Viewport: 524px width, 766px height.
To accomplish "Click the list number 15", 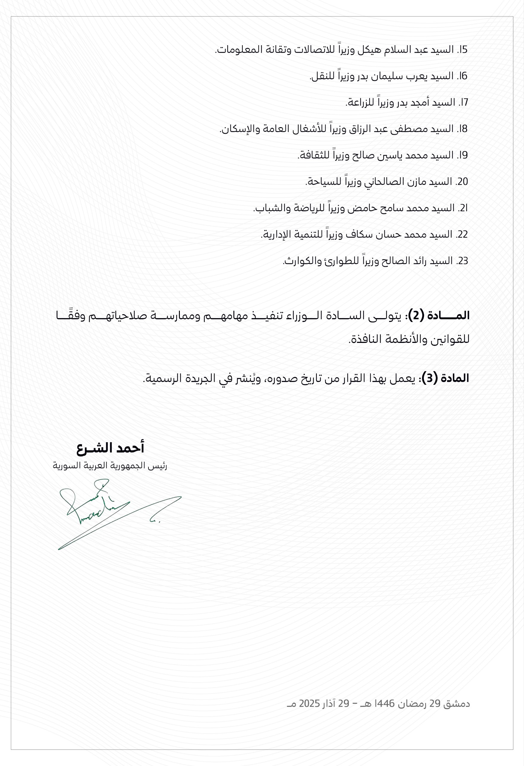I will pyautogui.click(x=463, y=50).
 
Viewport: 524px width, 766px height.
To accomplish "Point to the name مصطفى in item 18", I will pyautogui.click(x=409, y=129).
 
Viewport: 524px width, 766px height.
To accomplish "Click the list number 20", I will pyautogui.click(x=462, y=182).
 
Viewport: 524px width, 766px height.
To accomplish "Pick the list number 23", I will pyautogui.click(x=463, y=261).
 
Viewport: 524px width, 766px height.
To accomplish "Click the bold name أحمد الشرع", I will pyautogui.click(x=110, y=448).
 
